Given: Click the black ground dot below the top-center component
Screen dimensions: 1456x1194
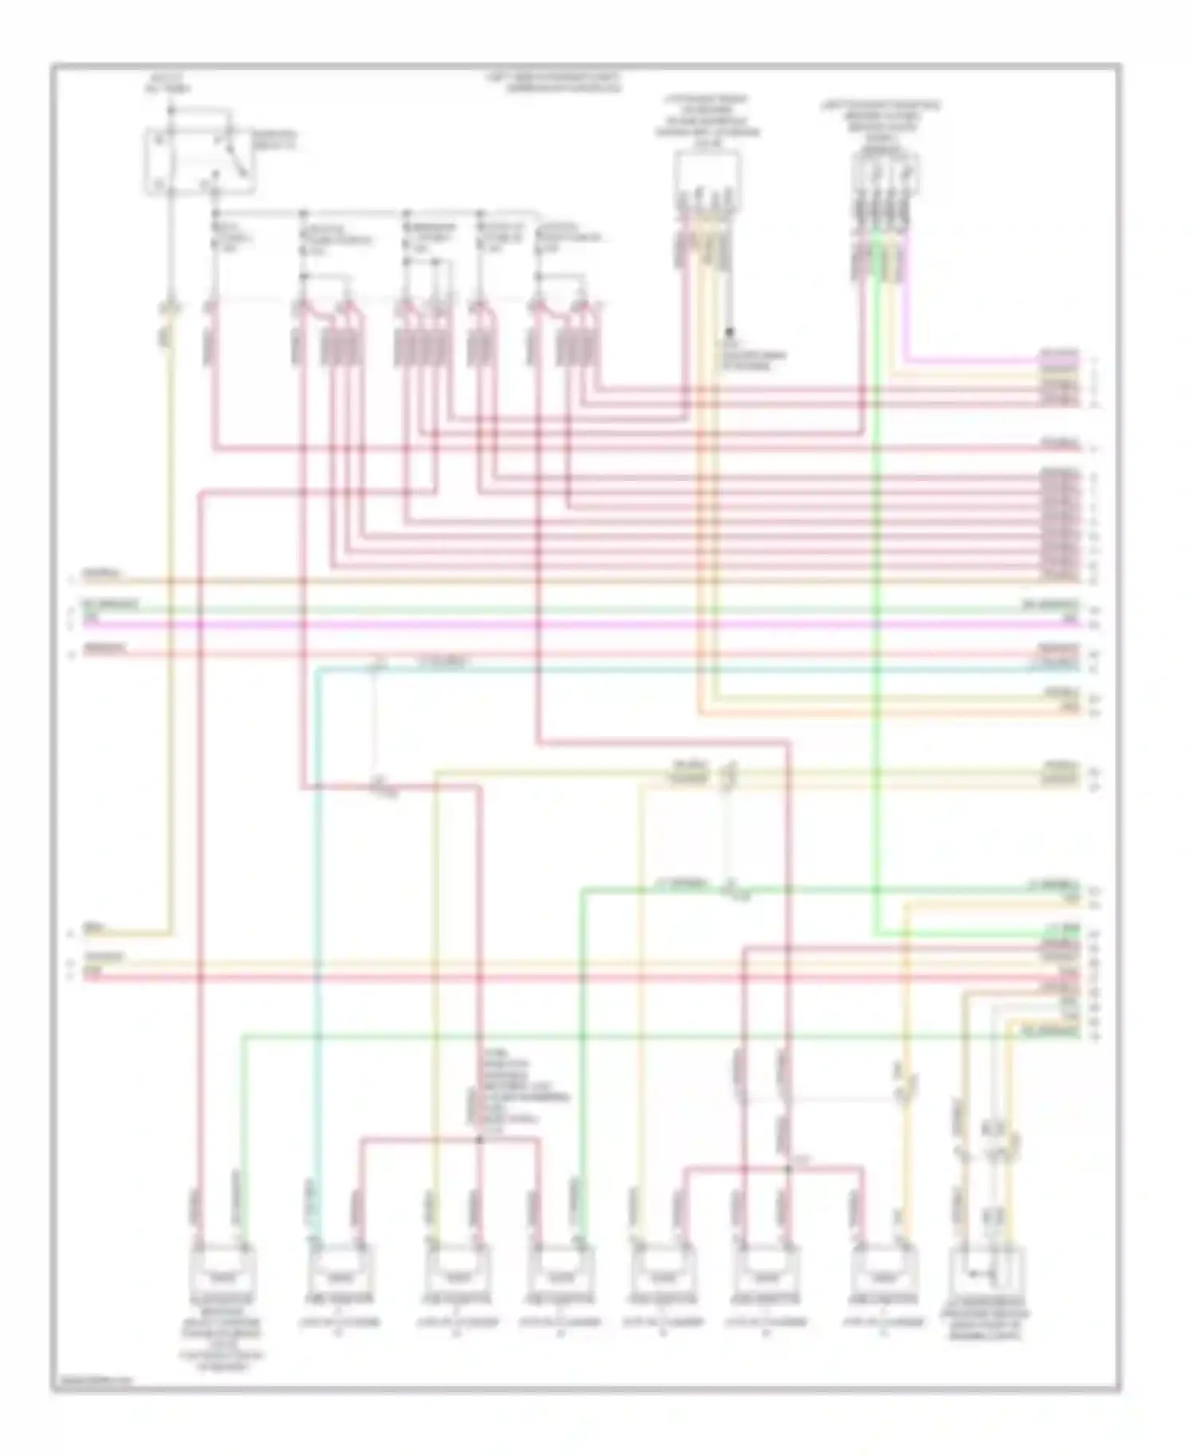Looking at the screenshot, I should (729, 329).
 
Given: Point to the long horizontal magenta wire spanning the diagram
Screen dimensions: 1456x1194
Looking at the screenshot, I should (557, 624).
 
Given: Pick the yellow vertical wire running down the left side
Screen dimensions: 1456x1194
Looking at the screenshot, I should (170, 637).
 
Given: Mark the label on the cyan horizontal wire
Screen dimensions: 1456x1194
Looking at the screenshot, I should (443, 662).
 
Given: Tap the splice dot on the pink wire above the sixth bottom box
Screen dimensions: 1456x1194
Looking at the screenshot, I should (787, 1168).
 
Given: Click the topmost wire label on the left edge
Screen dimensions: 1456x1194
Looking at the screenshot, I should (103, 573).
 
